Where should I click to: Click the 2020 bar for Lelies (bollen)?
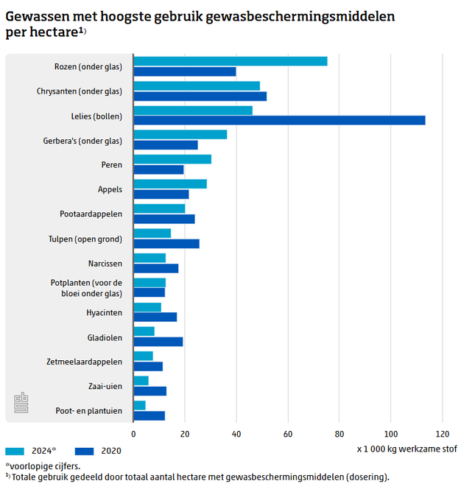(279, 120)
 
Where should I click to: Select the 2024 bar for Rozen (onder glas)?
(230, 61)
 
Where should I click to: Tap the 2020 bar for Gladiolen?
(158, 342)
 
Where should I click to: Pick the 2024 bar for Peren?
(172, 159)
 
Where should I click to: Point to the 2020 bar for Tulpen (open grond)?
(166, 243)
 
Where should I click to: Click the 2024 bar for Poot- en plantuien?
(139, 405)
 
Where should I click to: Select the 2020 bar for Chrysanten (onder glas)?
(200, 96)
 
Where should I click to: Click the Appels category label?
(110, 189)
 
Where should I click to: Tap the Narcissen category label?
(105, 263)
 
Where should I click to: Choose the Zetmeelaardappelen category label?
(84, 361)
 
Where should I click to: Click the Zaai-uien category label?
(107, 386)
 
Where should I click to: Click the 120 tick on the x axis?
(443, 433)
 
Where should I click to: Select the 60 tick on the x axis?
(288, 433)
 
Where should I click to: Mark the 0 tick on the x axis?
(133, 433)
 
